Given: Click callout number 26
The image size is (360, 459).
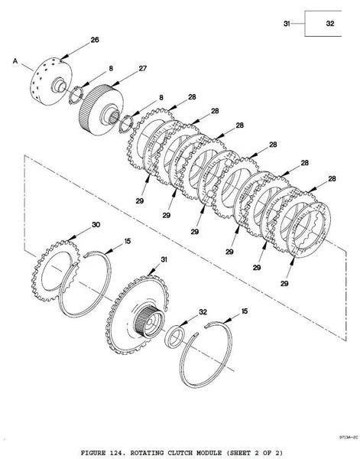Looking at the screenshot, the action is click(x=95, y=40).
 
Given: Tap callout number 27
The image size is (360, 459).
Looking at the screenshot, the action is click(x=142, y=68).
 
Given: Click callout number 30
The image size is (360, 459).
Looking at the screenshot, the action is click(x=96, y=224).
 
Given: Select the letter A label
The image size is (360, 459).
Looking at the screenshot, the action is click(x=15, y=61).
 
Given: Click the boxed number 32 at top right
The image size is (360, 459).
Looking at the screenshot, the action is click(x=330, y=24).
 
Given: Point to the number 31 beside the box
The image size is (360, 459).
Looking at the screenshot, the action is click(x=287, y=24).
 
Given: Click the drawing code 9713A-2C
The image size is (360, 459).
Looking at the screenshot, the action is click(x=349, y=438).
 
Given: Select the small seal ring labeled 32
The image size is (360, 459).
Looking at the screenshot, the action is click(x=174, y=337).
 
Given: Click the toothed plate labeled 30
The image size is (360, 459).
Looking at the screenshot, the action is click(x=56, y=271).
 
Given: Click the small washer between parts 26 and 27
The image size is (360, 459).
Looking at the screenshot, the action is click(x=76, y=95).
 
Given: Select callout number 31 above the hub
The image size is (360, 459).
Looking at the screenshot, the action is click(x=164, y=259).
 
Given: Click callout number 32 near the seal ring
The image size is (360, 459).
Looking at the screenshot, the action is click(x=203, y=312).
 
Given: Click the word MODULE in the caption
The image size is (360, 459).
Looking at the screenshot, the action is click(x=209, y=453).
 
